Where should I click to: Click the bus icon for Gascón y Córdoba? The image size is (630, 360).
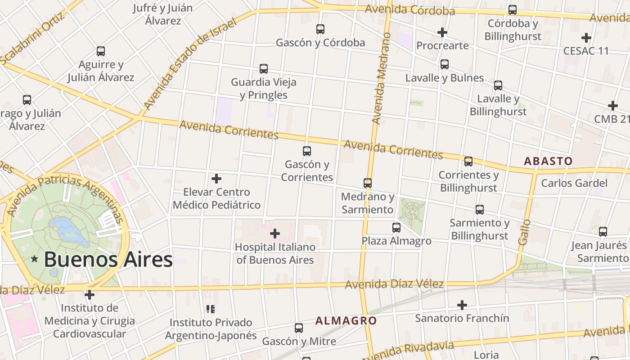[x=320, y=29]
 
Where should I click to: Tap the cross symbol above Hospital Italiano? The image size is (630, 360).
[x=275, y=234]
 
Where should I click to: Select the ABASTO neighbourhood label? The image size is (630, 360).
[x=548, y=161]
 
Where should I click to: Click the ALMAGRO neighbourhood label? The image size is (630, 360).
[x=346, y=321]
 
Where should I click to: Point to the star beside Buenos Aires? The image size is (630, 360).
[x=35, y=259]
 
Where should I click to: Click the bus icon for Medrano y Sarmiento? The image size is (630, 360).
[x=368, y=183]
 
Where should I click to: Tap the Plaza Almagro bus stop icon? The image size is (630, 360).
[x=396, y=228]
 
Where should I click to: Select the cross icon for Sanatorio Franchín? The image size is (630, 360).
[x=462, y=305]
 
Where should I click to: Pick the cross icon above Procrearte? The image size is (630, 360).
[x=442, y=32]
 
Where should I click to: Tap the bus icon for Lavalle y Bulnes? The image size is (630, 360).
[x=445, y=64]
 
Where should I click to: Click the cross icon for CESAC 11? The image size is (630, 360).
[x=586, y=38]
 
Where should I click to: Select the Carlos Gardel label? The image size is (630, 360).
[x=574, y=183]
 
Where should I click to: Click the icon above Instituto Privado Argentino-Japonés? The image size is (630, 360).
[x=211, y=309]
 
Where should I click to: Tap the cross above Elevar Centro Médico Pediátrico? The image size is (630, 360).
[x=216, y=179]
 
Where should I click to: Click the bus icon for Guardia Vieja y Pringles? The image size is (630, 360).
[x=264, y=69]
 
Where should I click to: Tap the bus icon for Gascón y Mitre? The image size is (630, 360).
[x=299, y=328]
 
